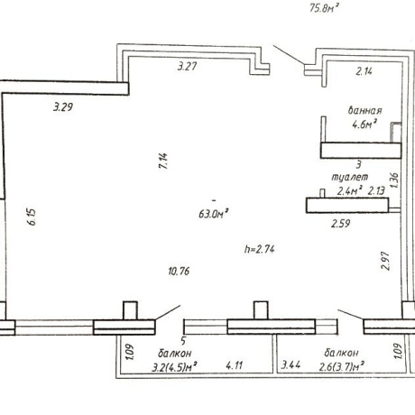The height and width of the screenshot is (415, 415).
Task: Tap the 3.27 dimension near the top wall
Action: (188, 66)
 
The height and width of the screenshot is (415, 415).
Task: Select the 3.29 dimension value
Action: (63, 106)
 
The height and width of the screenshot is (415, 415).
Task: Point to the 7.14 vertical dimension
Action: (164, 161)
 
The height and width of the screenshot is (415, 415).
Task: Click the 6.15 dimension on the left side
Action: (32, 217)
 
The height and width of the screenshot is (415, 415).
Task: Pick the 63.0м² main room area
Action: (213, 214)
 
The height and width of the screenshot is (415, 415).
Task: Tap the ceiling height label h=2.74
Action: (260, 249)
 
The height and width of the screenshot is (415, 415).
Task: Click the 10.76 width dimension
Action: (179, 272)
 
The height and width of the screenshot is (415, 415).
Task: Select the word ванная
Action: (364, 110)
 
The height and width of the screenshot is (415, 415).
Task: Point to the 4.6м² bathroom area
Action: (364, 124)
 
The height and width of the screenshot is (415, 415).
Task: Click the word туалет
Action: (350, 177)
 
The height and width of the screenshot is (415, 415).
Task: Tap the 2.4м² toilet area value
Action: (350, 191)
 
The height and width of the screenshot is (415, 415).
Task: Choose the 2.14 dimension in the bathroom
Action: (364, 71)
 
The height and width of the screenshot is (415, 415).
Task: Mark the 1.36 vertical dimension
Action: (394, 180)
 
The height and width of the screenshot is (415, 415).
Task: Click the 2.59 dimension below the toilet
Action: (341, 224)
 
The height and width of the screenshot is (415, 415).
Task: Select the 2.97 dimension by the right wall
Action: (385, 261)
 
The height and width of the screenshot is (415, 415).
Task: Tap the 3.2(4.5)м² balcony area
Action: (174, 367)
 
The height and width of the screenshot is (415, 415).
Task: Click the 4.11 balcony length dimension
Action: (235, 365)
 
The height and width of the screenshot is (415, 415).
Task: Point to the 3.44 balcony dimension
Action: (290, 365)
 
